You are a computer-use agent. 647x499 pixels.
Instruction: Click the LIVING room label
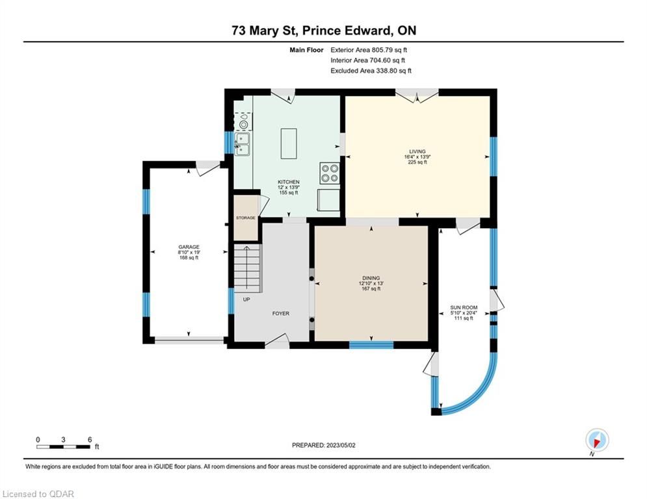coord(417,151)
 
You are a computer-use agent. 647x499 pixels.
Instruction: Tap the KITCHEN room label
coord(289,182)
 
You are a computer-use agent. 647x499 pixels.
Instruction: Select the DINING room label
coord(371,278)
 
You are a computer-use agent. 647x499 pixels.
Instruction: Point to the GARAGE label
coord(189,247)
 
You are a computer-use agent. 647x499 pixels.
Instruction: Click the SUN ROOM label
coord(464,307)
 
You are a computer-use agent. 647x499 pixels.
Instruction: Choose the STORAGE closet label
coord(246,218)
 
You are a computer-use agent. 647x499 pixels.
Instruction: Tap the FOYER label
coord(281,313)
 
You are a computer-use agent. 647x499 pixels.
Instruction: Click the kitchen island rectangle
coord(289,144)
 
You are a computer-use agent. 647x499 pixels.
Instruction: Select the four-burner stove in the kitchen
coord(330,173)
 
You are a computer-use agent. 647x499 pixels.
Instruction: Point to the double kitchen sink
coord(242,144)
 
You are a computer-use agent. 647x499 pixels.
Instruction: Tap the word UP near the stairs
coord(246,300)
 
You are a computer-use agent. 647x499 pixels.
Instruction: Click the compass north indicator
coord(597,441)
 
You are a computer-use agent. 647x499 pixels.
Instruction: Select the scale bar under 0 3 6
coord(64,446)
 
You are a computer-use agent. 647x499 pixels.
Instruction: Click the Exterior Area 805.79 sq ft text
coord(369,50)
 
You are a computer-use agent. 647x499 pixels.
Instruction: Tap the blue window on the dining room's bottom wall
coord(371,345)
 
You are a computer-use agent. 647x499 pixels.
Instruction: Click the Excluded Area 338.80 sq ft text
coord(371,71)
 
